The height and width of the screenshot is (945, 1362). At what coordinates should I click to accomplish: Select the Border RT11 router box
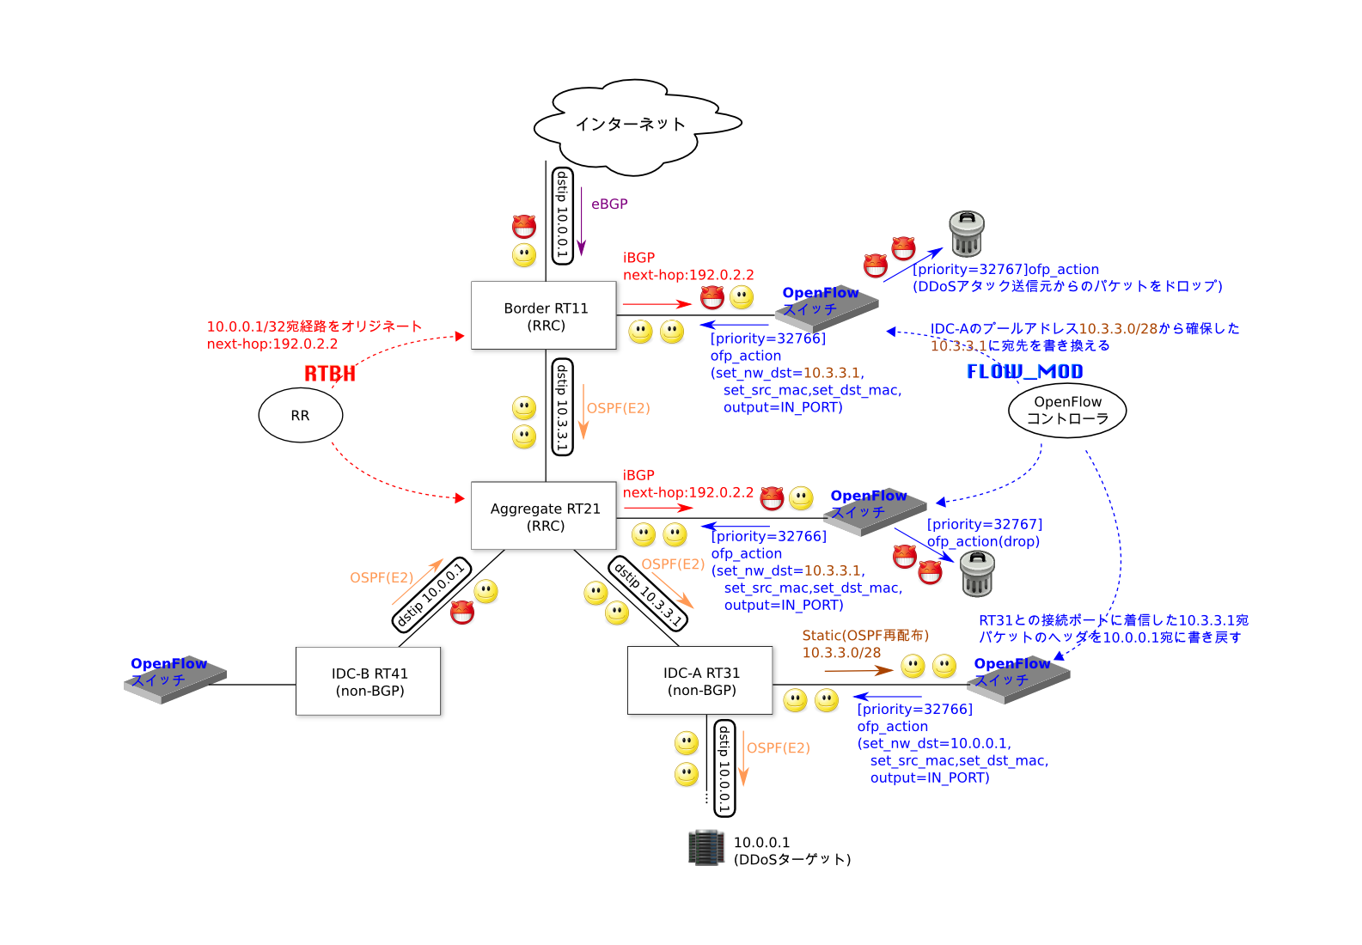click(546, 316)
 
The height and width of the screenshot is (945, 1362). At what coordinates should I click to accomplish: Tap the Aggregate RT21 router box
click(546, 516)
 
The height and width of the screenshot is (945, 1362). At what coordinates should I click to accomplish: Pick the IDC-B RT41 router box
click(370, 682)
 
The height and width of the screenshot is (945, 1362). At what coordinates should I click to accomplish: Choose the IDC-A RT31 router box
click(701, 681)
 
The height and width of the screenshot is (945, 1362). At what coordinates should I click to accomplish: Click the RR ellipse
click(300, 415)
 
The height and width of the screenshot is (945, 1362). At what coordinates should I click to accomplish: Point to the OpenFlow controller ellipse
click(1067, 411)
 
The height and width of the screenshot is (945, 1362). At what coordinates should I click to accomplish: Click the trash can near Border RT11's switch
click(966, 234)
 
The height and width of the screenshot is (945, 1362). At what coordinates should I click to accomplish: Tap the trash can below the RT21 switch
click(977, 574)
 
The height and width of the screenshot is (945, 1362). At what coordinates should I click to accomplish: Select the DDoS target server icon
click(706, 848)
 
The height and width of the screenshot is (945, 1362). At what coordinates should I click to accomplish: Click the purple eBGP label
click(609, 204)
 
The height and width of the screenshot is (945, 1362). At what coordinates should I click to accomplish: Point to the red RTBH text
click(329, 373)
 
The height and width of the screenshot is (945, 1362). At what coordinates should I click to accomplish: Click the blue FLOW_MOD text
click(1024, 371)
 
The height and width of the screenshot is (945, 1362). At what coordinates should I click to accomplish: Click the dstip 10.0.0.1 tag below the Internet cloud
click(562, 215)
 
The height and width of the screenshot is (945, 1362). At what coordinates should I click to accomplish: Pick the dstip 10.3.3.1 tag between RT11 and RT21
click(562, 407)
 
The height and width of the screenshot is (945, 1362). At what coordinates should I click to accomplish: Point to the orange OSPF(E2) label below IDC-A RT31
click(778, 748)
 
